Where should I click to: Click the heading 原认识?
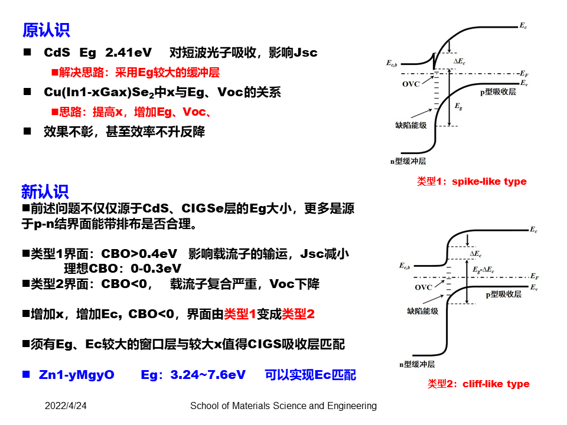[x=46, y=30]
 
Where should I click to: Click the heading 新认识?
[x=45, y=191]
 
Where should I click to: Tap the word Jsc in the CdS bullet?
[x=305, y=53]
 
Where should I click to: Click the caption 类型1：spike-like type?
[x=471, y=181]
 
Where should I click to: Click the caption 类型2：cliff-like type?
[x=478, y=384]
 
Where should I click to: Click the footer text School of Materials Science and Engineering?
[x=283, y=406]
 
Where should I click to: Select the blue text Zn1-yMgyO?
[x=76, y=375]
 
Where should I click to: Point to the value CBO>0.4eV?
[x=139, y=254]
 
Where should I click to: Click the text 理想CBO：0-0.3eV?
[x=121, y=269]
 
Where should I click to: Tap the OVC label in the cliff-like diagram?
[x=423, y=287]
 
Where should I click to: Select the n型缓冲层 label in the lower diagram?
[x=416, y=364]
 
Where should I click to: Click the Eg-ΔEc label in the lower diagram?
[x=483, y=269]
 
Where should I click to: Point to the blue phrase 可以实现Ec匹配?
[x=310, y=375]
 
